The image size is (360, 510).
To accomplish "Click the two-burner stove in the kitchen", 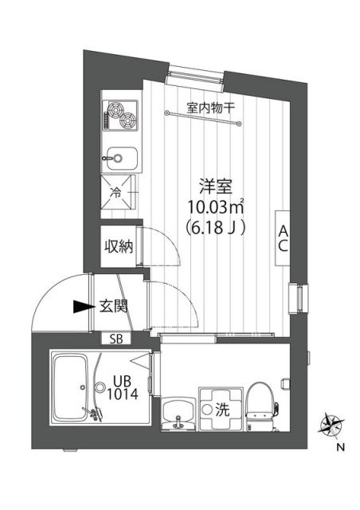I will [x=119, y=117].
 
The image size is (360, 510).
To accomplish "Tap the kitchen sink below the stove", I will [x=120, y=157].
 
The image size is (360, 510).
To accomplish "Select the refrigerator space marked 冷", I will [x=119, y=192].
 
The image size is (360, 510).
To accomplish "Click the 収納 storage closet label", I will [x=117, y=245].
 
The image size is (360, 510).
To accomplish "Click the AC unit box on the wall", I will [x=283, y=237].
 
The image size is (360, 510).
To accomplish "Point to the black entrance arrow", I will [x=79, y=306].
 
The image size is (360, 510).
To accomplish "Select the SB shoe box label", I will [x=116, y=339].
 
